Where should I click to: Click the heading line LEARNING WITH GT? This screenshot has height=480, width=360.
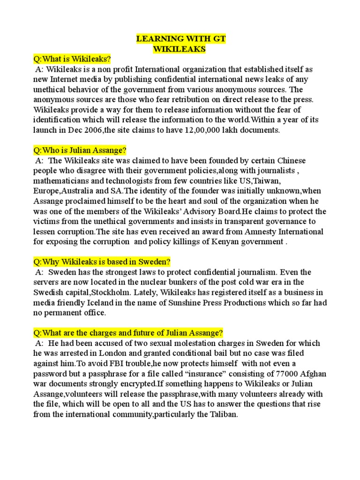pyautogui.click(x=180, y=38)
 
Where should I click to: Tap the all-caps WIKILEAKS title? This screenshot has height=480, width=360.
pyautogui.click(x=180, y=48)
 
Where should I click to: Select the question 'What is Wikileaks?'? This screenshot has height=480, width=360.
pyautogui.click(x=72, y=60)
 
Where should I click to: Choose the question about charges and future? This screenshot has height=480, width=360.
pyautogui.click(x=127, y=333)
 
